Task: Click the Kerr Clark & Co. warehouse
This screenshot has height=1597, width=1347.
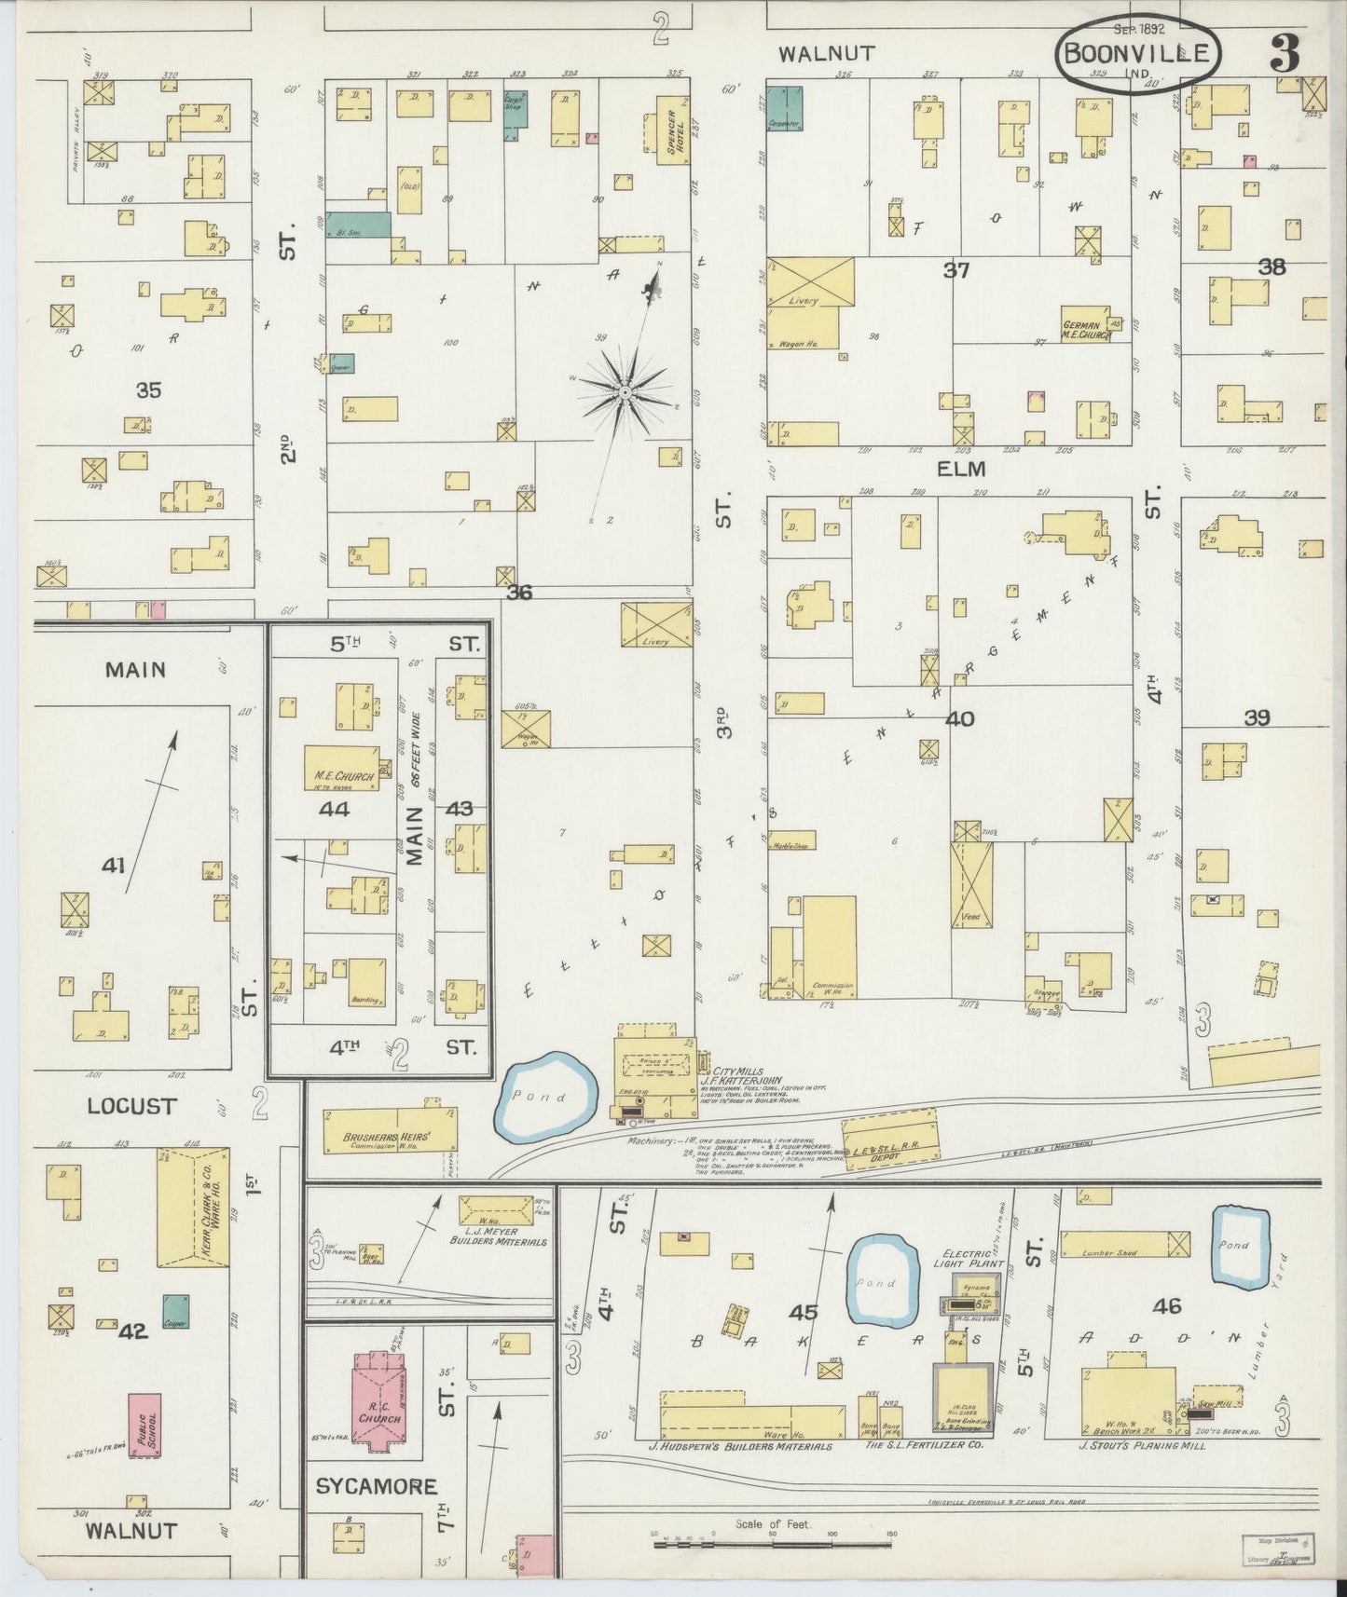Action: click(x=193, y=1207)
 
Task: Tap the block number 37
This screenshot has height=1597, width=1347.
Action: click(x=956, y=271)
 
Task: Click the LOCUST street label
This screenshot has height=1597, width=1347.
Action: click(x=131, y=1106)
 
